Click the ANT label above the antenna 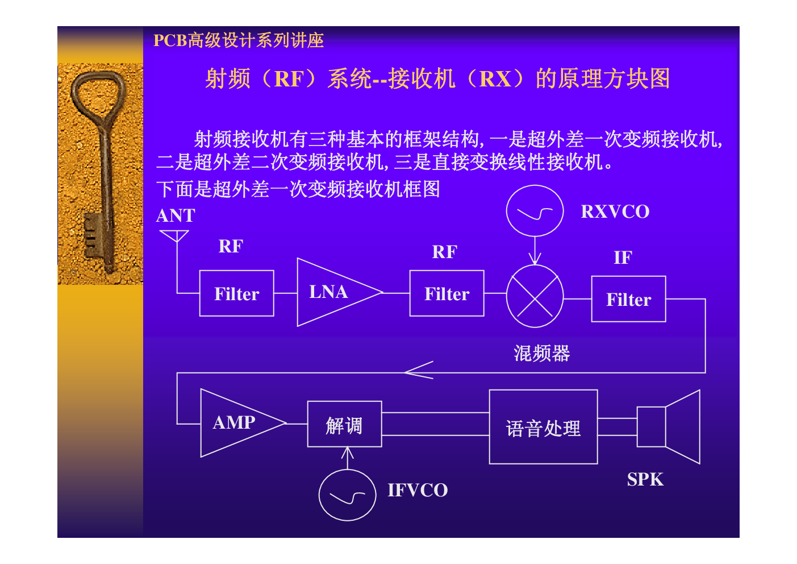[x=176, y=216]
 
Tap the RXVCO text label [x=615, y=212]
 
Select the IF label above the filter [x=623, y=258]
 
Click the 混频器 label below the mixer [x=542, y=354]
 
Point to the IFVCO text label [x=418, y=490]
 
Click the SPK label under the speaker [x=645, y=480]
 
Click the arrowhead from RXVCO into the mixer [x=535, y=259]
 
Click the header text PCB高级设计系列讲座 [x=239, y=40]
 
